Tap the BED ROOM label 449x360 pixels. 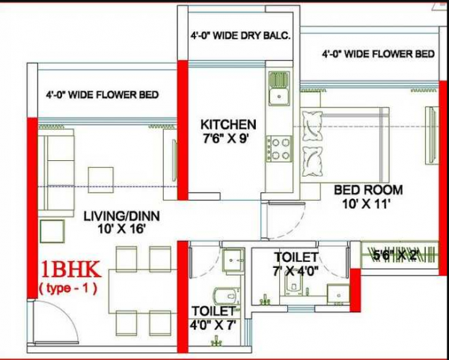coord(368,190)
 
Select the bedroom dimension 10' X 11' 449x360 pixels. coord(368,204)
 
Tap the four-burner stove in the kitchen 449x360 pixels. coord(281,148)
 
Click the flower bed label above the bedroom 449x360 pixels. coord(378,55)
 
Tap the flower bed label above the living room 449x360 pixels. coord(102,95)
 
